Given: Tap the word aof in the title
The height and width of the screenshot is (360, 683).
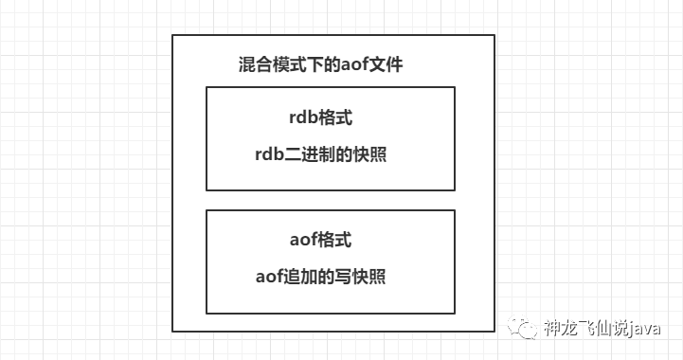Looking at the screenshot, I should point(362,66).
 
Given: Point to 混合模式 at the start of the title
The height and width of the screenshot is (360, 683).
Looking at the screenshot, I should point(269,66).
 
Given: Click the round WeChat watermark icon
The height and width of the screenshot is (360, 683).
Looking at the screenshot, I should point(526,330).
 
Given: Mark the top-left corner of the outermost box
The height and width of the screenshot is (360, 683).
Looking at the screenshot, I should point(172,36).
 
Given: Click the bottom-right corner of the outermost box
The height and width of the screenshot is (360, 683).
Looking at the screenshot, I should point(494,331).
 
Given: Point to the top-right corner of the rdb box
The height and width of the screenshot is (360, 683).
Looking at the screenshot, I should point(455,87).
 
